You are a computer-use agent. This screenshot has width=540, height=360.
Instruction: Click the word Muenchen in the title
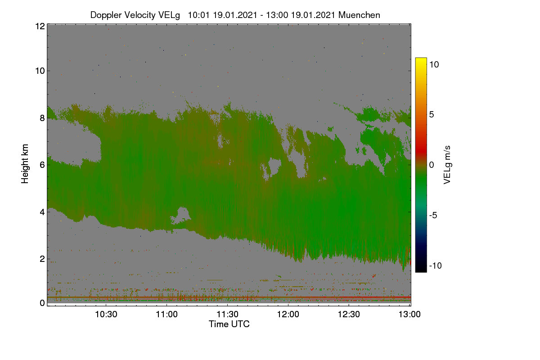coord(359,15)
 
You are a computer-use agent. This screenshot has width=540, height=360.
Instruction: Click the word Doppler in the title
coord(106,15)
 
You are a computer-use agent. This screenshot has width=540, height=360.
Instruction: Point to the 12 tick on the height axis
coord(40,26)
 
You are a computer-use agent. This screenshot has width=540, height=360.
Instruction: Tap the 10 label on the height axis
coord(40,71)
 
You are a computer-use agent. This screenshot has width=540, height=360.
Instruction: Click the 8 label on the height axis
coord(42,118)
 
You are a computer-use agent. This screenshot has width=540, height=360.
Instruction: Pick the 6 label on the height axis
coord(42,165)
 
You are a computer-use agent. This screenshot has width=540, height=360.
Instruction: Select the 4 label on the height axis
coord(42,212)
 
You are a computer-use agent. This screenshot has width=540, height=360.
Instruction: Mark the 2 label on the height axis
coord(42,259)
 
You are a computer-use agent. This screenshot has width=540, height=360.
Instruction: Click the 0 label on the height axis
coord(42,303)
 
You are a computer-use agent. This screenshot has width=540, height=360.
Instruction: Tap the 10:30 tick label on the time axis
coord(106,315)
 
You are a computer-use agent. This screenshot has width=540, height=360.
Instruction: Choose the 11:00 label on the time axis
coord(167,315)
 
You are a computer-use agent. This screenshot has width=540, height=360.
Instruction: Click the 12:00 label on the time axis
coord(288,315)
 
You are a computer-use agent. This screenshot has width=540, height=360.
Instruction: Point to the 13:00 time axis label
coord(409,315)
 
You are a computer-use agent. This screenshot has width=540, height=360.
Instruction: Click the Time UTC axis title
coord(229,324)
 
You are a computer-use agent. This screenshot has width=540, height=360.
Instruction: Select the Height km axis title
coord(25,164)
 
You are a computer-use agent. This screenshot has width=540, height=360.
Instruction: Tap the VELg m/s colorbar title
coord(447,165)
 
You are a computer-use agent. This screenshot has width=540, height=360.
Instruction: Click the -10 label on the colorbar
coord(436,265)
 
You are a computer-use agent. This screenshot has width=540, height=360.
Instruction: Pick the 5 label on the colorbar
coord(432,115)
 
